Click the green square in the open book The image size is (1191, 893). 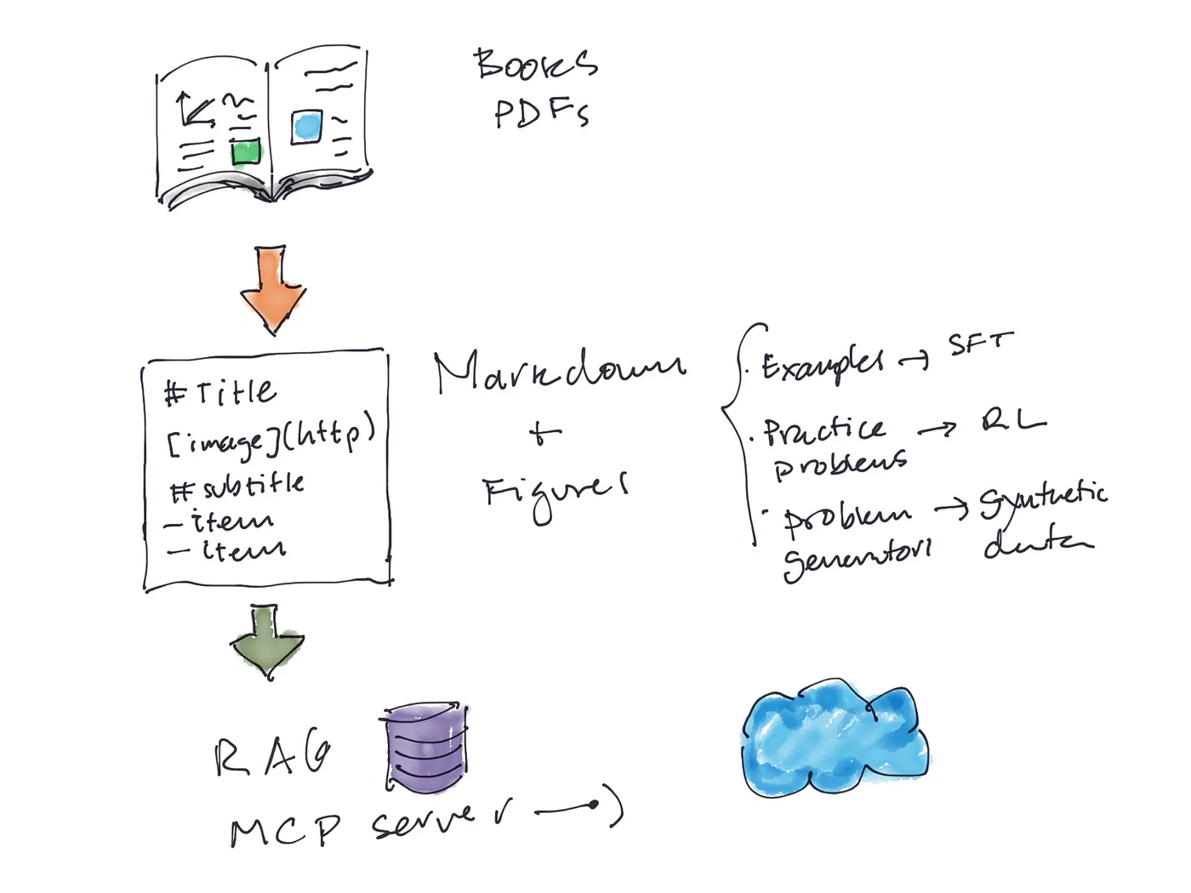[x=246, y=153]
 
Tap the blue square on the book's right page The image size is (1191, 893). [x=307, y=127]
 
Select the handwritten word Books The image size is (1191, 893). [x=536, y=65]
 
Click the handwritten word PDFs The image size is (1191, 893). [x=542, y=113]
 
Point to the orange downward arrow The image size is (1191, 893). [x=272, y=289]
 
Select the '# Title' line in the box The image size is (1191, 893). [x=220, y=392]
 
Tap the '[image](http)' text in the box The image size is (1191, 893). [x=271, y=436]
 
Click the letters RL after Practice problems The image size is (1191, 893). [x=1013, y=420]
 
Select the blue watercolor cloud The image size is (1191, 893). [x=834, y=737]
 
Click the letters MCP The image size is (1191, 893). [x=286, y=829]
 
